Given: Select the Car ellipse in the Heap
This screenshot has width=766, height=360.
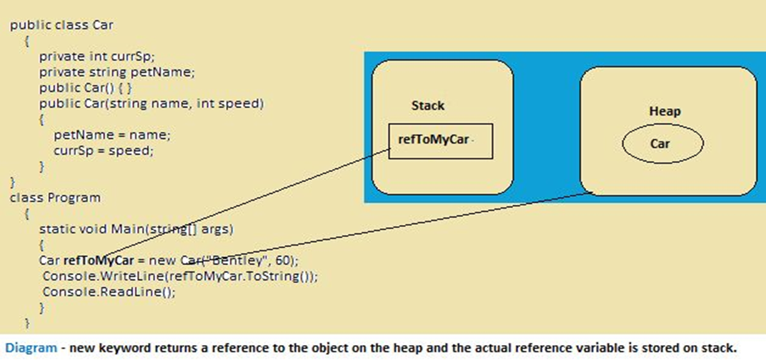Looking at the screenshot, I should [662, 144].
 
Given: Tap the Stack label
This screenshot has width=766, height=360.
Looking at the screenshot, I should [428, 106].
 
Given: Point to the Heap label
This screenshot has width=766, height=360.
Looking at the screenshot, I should [665, 111].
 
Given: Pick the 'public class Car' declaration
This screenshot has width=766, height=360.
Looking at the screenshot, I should [61, 24].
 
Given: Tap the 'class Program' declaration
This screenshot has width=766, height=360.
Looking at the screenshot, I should [55, 197].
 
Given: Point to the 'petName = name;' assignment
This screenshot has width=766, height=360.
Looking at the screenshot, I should [112, 135].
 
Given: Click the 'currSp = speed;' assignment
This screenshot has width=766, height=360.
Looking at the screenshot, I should [104, 151].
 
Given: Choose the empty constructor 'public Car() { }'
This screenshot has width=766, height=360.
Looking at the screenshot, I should [86, 88].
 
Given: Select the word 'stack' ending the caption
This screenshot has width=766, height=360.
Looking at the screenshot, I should [717, 348].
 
